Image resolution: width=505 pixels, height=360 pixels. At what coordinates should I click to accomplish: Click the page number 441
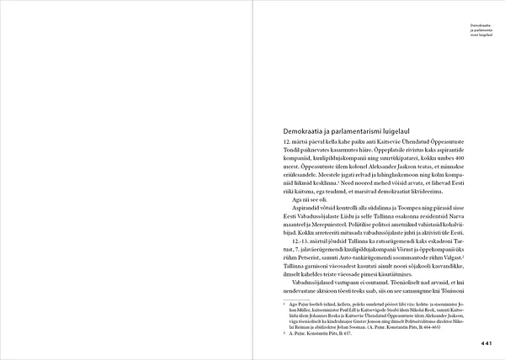(486, 343)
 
